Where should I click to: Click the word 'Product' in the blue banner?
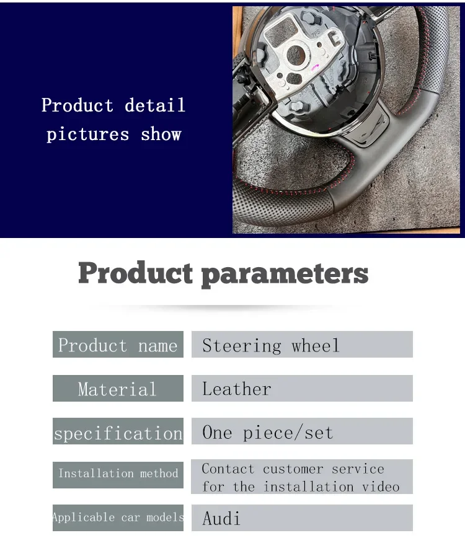(77, 105)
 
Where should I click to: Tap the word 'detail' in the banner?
(155, 105)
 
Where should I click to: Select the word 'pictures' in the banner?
(88, 134)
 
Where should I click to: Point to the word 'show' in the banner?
(161, 134)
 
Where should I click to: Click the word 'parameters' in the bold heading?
(285, 275)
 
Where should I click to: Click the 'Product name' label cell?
(118, 345)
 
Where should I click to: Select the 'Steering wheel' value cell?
(302, 345)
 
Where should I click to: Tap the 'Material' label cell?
(118, 389)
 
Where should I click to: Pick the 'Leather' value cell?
(302, 389)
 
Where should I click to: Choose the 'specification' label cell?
(118, 431)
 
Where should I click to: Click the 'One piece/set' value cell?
(302, 431)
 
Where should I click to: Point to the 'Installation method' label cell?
(118, 475)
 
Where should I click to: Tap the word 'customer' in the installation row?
(293, 469)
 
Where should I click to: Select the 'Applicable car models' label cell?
(118, 518)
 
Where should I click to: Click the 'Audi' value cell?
(302, 518)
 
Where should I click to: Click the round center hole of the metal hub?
(296, 55)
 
